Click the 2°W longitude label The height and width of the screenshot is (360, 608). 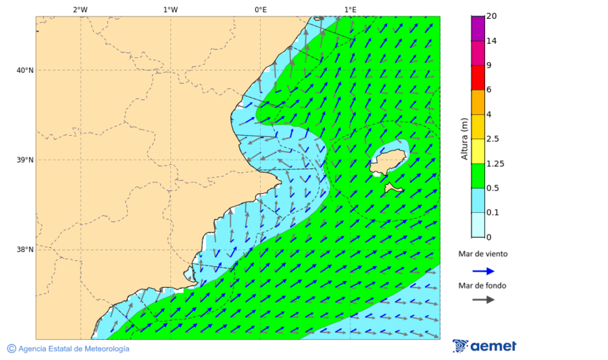point(80,9)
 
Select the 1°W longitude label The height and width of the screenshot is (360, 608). point(170,9)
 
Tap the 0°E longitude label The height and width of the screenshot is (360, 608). point(260,9)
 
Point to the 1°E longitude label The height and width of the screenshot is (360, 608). point(350,9)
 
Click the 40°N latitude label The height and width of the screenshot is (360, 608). point(25,70)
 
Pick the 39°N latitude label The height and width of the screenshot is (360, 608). point(25,160)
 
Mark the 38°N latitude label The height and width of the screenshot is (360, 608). point(25,249)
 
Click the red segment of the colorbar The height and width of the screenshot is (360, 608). point(478,78)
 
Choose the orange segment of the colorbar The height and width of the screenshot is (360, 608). point(478,103)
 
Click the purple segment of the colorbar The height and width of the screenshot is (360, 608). point(478,28)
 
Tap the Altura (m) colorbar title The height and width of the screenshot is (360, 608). point(464,139)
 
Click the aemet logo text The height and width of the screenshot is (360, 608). point(492,346)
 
